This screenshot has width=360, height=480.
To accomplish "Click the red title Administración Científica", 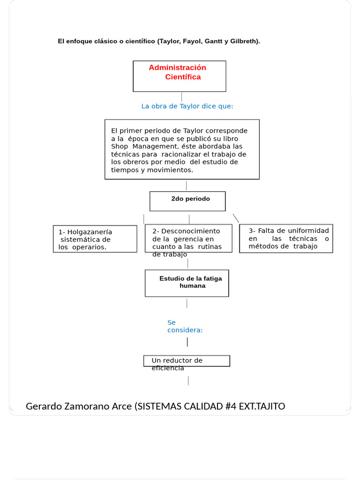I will [x=178, y=72].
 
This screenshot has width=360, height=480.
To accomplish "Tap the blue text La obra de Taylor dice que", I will [x=187, y=106].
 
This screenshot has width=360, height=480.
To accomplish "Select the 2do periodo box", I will [x=187, y=201].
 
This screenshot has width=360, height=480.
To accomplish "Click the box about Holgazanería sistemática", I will [x=95, y=239].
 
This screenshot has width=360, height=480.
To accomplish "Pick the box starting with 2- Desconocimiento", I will [x=188, y=239].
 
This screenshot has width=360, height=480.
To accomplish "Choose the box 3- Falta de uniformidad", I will [x=286, y=239].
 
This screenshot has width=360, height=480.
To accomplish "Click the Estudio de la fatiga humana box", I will [x=187, y=283].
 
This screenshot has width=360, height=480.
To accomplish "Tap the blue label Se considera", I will [x=184, y=326].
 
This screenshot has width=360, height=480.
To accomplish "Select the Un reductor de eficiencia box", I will [x=187, y=361].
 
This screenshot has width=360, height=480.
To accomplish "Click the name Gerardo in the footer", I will [x=44, y=406].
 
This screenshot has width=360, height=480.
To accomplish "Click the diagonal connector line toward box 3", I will [x=236, y=218].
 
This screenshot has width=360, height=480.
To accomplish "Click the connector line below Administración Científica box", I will [x=181, y=97].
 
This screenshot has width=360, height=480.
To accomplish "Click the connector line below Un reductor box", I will [x=188, y=380].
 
